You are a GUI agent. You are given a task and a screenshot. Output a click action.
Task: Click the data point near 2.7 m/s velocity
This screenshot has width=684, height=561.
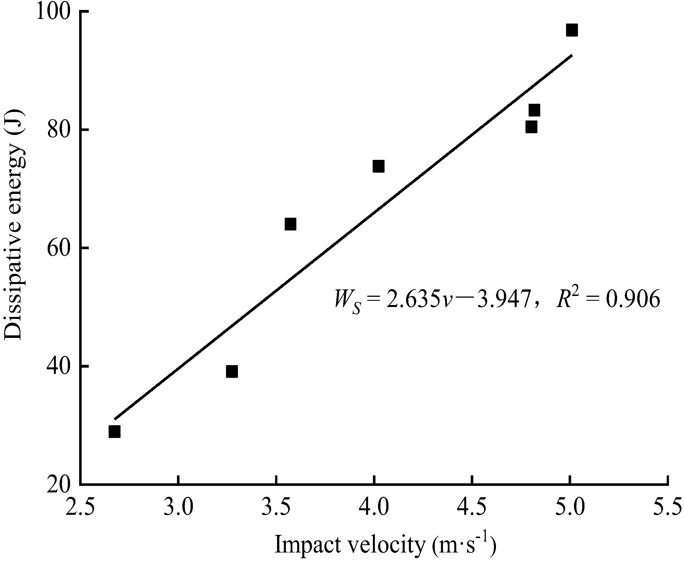click(115, 431)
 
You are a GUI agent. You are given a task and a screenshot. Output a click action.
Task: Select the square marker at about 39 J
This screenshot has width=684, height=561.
click(232, 372)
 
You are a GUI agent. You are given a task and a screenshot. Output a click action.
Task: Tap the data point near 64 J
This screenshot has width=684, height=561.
click(290, 224)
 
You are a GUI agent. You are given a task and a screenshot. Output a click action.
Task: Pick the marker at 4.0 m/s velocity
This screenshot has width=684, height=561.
click(378, 166)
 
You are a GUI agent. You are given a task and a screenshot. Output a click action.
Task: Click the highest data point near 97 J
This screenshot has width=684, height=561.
click(571, 30)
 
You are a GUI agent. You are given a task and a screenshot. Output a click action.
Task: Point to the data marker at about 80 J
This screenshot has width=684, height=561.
click(531, 127)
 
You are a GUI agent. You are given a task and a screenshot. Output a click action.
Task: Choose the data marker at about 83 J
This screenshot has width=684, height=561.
click(534, 111)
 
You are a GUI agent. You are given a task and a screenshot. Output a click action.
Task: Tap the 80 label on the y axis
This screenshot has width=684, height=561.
click(59, 130)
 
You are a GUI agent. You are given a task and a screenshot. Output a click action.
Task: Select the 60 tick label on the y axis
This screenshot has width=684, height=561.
click(59, 248)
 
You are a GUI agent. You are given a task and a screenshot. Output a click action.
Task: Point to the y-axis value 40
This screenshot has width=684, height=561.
click(59, 367)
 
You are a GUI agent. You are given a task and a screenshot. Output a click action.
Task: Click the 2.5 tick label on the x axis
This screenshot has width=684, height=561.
click(80, 508)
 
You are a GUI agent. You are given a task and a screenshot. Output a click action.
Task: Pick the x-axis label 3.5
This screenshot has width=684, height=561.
click(276, 508)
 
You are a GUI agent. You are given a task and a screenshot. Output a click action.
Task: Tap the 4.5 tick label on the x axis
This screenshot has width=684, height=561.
click(472, 508)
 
